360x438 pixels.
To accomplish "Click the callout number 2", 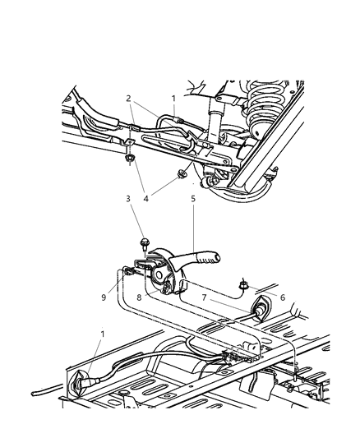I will pos(128,97).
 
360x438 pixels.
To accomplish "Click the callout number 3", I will pos(128,199).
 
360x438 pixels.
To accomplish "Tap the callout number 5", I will pos(192,199).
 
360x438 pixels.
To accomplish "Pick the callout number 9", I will pos(103,298).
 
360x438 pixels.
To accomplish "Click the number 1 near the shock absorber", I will pos(174,97).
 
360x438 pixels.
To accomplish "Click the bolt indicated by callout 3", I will pos(145,242).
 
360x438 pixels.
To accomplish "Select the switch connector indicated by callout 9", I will pos(130,270).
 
